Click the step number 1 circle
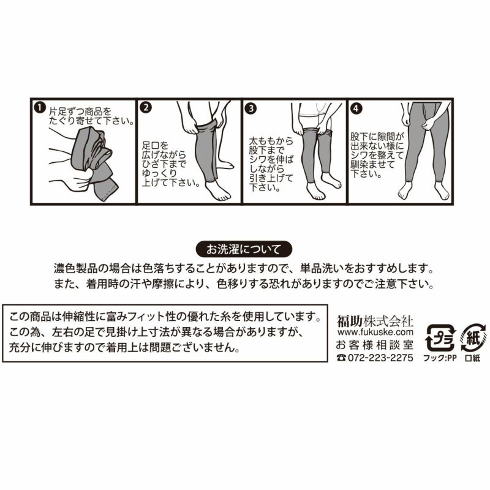pos(40,108)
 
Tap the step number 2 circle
pos(146,108)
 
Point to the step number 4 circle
pos(358,108)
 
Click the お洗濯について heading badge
pos(243,249)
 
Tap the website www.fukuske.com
pos(375,332)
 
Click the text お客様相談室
pos(375,345)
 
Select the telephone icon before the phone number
pos(341,358)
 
